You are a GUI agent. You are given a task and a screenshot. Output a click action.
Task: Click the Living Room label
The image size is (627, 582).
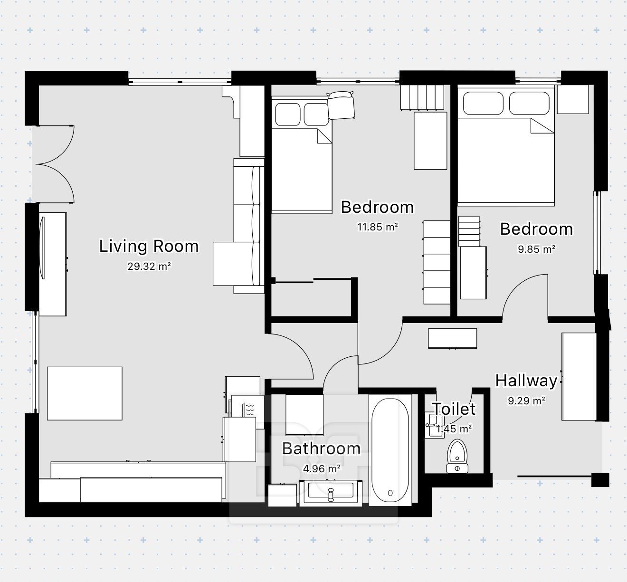tap(149, 246)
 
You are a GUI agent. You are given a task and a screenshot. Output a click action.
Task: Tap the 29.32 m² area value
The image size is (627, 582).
tap(149, 266)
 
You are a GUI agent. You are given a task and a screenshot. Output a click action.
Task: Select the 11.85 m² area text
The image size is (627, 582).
tap(377, 227)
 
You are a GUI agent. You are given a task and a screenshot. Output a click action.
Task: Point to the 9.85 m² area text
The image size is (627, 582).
tap(536, 249)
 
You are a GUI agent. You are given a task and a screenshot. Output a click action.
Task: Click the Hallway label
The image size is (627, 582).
tap(526, 381)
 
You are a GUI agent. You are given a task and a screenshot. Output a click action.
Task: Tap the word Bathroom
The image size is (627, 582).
tap(321, 448)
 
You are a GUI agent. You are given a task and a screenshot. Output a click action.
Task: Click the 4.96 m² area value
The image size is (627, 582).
tap(322, 468)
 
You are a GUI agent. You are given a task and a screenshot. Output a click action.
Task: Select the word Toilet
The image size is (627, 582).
tap(454, 409)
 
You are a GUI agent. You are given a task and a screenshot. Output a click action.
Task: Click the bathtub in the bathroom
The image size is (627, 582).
tap(390, 450)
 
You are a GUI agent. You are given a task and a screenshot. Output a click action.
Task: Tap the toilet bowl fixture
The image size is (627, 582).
tap(457, 456)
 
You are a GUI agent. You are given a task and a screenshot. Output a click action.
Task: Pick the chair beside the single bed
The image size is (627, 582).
tap(341, 105)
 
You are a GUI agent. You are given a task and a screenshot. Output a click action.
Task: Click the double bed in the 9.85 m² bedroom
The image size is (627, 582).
tap(506, 146)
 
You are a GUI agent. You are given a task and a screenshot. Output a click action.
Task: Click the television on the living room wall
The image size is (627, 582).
tap(43, 248)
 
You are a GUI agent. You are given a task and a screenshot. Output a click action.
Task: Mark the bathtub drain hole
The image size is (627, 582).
tap(390, 493)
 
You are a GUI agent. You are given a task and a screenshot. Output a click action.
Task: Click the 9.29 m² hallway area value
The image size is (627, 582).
tap(526, 401)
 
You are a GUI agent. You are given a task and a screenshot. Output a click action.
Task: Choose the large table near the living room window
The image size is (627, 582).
tap(85, 393)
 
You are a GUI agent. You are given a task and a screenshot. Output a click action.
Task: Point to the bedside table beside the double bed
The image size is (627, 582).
tap(573, 99)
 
